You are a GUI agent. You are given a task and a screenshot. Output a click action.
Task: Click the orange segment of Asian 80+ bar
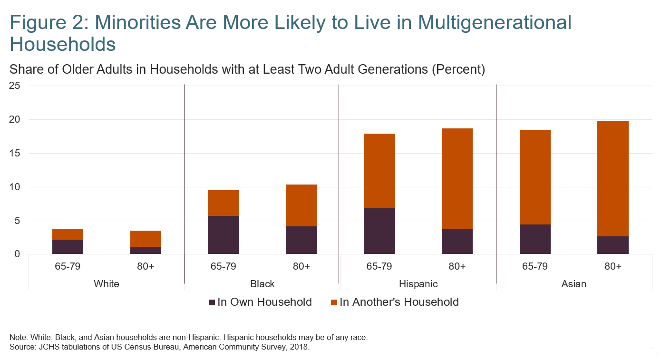coord(613,178)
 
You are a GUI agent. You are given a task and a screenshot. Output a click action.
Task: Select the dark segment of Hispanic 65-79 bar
coord(379,231)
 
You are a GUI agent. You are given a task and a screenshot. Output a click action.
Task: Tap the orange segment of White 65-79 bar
coord(68,234)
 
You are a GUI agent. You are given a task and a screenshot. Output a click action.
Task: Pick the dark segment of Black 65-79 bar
coord(224,235)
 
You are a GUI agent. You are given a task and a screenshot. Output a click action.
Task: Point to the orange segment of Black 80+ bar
coord(301,205)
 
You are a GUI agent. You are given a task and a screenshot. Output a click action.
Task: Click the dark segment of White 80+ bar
coord(146,250)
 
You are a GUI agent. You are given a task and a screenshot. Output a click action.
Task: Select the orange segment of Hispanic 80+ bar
coord(457,179)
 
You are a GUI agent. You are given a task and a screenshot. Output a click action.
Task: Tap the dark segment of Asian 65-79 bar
coord(535,239)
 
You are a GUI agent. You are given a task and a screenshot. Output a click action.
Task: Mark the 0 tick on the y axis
coord(17,254)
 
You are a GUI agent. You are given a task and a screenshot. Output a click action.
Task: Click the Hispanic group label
coord(418,284)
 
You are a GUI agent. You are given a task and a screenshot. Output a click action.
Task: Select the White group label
coord(107,284)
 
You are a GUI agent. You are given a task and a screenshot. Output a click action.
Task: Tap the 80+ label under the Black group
coord(301,266)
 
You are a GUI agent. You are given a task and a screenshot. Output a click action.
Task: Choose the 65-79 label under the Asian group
coord(535,266)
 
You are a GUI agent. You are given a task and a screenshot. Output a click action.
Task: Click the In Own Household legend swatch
coord(212,302)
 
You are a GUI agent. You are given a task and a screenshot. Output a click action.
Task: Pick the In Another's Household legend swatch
coord(334,302)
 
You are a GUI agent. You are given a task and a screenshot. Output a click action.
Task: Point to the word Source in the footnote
coord(21,347)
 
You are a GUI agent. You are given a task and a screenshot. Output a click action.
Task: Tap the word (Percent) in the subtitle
coord(458,69)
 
